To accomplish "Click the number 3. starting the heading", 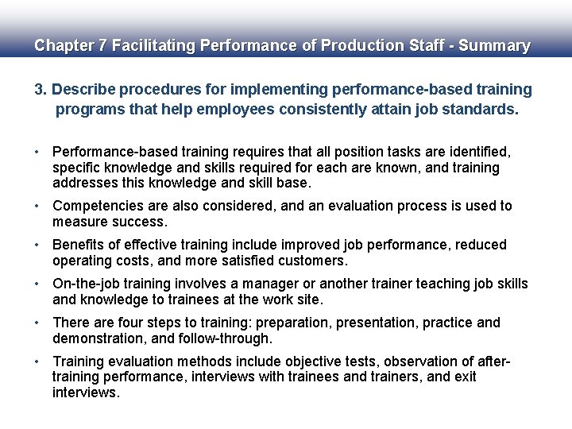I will click(41, 90).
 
